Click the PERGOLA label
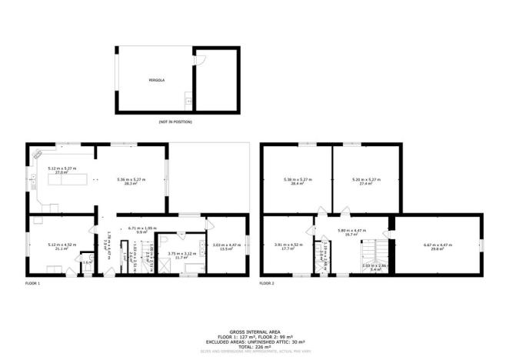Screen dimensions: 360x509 [x=157, y=79]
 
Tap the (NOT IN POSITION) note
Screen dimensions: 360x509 [x=175, y=122]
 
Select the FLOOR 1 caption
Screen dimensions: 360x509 [x=32, y=283]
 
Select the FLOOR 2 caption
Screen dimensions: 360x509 [x=267, y=283]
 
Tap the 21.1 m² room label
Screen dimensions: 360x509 [x=58, y=247]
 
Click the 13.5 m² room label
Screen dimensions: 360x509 [x=226, y=247]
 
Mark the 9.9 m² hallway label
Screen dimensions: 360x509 [x=141, y=229]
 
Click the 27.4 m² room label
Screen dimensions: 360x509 [x=362, y=182]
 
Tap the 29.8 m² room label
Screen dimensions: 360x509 [x=438, y=247]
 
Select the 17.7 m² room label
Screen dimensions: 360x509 [x=284, y=247]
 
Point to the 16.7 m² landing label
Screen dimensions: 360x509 [x=354, y=232]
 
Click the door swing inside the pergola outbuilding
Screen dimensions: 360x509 [x=201, y=60]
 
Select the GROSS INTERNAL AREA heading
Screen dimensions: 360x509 [x=254, y=331]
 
